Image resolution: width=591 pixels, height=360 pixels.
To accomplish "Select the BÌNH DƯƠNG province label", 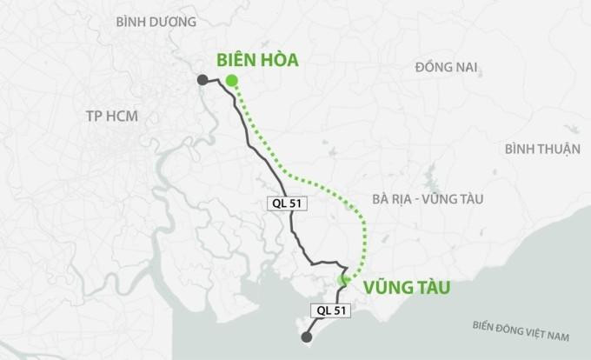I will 156,21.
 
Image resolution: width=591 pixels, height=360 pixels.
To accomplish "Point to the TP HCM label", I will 112,116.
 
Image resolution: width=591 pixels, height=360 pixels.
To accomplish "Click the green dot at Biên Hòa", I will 231,81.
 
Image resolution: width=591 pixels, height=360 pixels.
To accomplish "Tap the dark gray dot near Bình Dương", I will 202,80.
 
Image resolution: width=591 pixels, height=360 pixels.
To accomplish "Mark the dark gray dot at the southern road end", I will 305,337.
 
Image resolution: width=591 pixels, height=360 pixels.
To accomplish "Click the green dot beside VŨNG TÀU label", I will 343,279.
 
